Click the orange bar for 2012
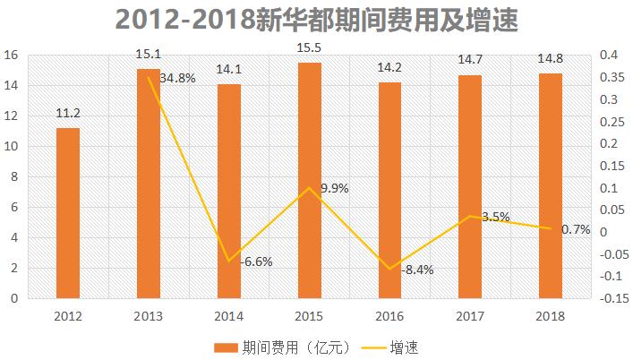[x=68, y=213]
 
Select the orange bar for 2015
[x=310, y=180]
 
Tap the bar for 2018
[x=551, y=185]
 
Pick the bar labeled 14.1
[x=229, y=191]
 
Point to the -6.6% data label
[x=257, y=261]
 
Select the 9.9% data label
[x=333, y=188]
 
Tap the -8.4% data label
[x=417, y=270]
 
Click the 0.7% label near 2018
[x=575, y=229]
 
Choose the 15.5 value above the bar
[x=309, y=47]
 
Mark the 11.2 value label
[x=68, y=113]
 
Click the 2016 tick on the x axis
[x=390, y=315]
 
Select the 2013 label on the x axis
[x=149, y=315]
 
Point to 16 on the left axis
[x=12, y=56]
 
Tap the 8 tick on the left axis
[x=15, y=177]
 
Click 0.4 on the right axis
[x=609, y=56]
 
